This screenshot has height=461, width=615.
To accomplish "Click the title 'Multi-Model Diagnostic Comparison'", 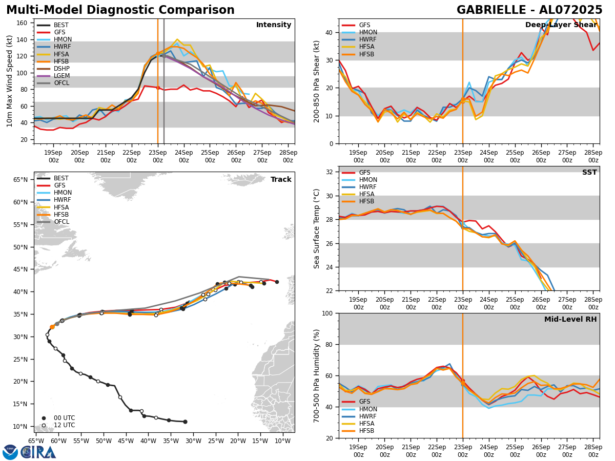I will tap(120, 10).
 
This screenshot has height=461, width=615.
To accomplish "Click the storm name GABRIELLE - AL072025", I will tap(529, 10).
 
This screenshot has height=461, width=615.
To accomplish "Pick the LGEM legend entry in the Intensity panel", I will tap(61, 76).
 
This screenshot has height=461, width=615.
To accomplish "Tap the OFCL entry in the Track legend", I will tap(61, 222).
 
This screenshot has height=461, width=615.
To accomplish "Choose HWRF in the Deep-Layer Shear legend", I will tap(367, 40).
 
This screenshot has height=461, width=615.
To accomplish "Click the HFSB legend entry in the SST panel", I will tap(367, 202).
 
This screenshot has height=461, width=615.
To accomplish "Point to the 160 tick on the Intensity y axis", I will tap(24, 23).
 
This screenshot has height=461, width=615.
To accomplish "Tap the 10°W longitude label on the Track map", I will tap(283, 441).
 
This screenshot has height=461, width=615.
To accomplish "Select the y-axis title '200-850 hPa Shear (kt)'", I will tap(317, 81).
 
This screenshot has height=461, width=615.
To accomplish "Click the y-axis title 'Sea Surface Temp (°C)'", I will tap(317, 228).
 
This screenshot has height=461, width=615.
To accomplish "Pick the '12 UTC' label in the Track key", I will tap(64, 425).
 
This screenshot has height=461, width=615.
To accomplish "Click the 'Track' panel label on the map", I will tap(281, 180).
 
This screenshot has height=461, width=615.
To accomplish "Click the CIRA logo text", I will tap(38, 452).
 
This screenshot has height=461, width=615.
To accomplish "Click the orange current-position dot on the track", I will tap(52, 327).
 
